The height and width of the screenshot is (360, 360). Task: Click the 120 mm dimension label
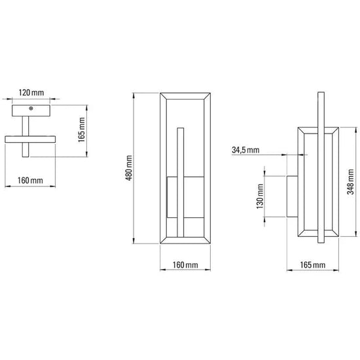click(31, 93)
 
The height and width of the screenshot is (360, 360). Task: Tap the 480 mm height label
click(129, 168)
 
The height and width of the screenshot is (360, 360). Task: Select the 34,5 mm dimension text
click(245, 150)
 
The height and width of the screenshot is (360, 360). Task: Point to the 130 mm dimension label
click(260, 196)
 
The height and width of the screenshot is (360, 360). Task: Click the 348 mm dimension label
click(350, 181)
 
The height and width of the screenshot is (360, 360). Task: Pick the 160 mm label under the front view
click(185, 265)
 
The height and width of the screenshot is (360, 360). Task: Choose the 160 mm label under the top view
click(30, 181)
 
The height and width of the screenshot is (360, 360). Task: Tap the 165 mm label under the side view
click(313, 265)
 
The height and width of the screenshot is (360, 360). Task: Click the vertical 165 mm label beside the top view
click(82, 130)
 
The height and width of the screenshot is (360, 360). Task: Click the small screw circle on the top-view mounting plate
click(31, 109)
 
